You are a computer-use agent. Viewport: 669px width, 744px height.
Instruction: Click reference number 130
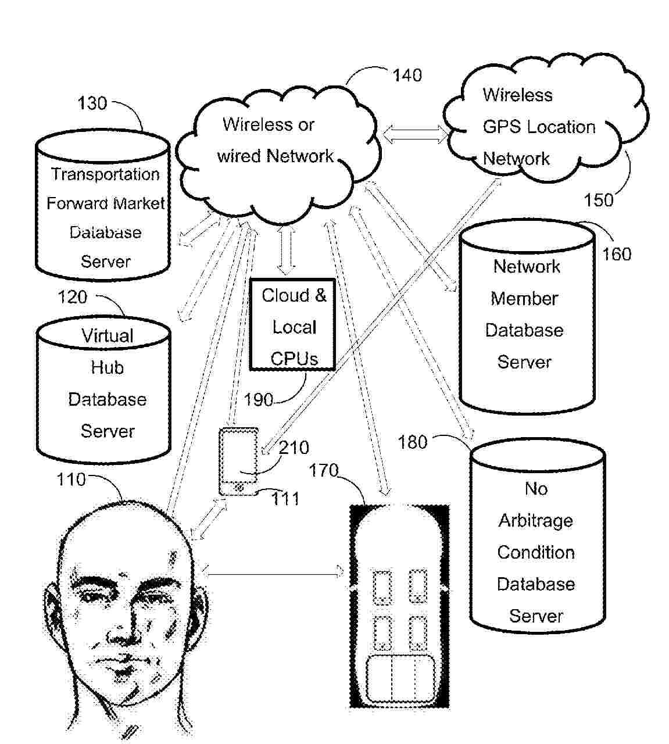pos(92,103)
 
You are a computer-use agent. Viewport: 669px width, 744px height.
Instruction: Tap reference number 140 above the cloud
pos(407,76)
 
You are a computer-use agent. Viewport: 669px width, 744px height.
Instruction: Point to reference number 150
pos(598,200)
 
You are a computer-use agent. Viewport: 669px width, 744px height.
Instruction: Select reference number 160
pos(616,254)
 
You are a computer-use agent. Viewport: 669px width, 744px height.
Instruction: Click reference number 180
pos(412,442)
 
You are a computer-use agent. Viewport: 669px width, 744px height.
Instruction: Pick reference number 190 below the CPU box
pos(258,400)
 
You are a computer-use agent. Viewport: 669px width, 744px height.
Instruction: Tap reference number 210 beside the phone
pos(294,448)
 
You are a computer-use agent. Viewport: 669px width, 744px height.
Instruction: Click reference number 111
pos(285,498)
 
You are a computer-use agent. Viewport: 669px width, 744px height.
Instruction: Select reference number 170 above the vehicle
pos(323,470)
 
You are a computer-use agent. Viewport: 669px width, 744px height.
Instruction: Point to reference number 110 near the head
pos(71,480)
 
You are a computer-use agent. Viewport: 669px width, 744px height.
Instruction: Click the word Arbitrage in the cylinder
pos(535,520)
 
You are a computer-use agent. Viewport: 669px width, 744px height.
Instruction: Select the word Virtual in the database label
pos(107,336)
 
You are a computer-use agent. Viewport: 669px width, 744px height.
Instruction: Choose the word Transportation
pos(105,174)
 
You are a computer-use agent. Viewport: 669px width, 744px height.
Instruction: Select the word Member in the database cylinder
pos(524,299)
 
